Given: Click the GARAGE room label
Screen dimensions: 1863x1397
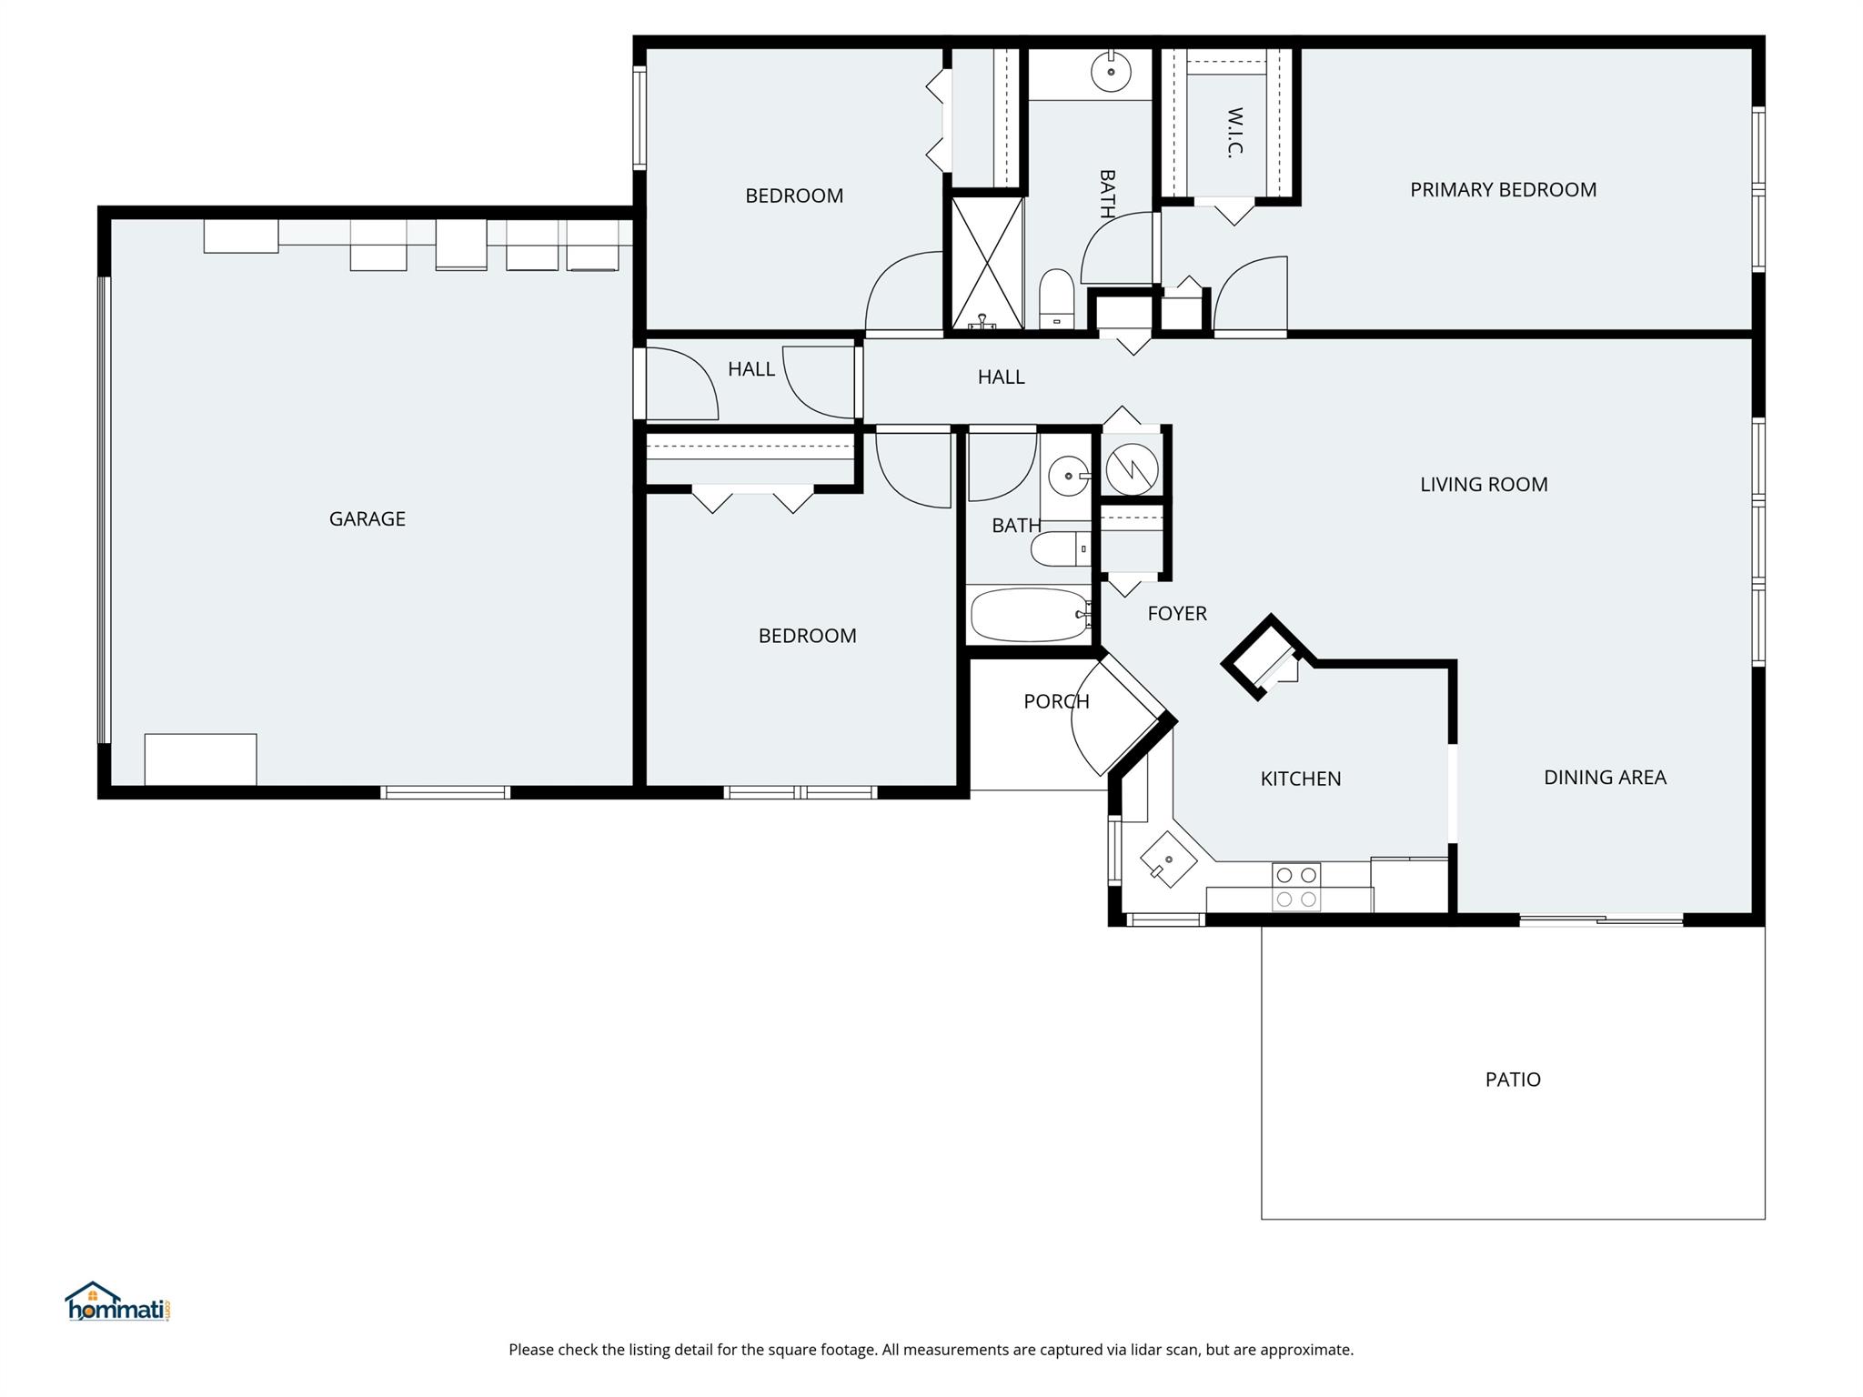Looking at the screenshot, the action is (x=367, y=519).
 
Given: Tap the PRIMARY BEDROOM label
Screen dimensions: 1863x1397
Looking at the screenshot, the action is (x=1503, y=190).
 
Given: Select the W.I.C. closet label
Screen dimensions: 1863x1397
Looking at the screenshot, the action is (x=1234, y=133).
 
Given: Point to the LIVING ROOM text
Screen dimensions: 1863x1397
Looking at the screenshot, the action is (x=1484, y=485).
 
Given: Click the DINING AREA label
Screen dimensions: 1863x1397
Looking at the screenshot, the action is (x=1605, y=778).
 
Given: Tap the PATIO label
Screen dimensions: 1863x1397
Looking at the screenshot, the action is (x=1513, y=1080).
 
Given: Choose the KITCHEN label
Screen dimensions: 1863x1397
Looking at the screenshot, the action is (x=1300, y=779).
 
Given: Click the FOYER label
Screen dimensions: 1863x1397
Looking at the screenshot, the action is (x=1177, y=614).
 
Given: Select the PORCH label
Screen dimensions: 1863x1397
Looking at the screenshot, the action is (x=1056, y=701).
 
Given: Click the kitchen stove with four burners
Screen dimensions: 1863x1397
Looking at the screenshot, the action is (x=1296, y=887).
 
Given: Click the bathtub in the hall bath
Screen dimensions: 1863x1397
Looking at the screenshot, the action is (x=1031, y=615).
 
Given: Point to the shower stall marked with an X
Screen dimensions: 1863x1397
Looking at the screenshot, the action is (x=987, y=263).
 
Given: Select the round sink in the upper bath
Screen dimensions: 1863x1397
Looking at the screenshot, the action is (x=1111, y=72).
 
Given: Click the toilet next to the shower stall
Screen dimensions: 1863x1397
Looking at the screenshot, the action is (x=1057, y=298).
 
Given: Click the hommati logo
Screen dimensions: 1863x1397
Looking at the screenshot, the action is (x=118, y=1302).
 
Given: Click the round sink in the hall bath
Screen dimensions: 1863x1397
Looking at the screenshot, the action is (x=1068, y=476).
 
